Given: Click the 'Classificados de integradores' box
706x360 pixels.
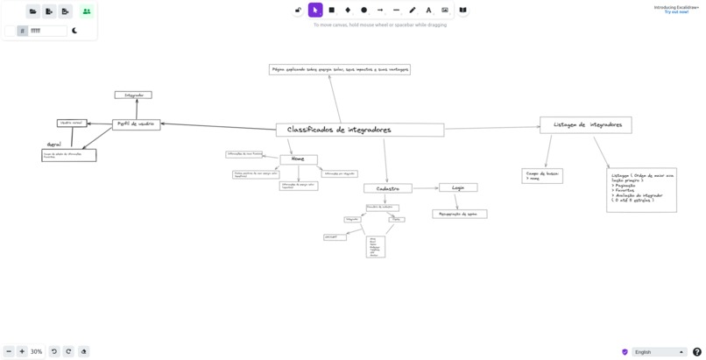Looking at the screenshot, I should [x=359, y=130].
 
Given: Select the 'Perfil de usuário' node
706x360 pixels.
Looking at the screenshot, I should [x=136, y=124].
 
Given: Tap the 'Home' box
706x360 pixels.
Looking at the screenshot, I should [x=299, y=159].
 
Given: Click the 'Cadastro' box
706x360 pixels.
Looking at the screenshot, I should [x=387, y=188].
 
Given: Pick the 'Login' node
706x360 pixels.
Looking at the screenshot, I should [x=458, y=187].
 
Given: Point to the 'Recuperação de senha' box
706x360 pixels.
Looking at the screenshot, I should [x=459, y=214].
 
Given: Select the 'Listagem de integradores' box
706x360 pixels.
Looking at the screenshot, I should [x=585, y=125].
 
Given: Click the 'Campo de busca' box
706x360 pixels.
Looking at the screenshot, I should [x=542, y=176].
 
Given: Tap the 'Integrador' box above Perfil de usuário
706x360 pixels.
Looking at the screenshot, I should [x=133, y=95].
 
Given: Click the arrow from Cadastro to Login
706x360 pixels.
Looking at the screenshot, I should [x=425, y=187].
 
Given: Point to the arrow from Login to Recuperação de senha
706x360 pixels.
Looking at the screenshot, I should [x=455, y=201].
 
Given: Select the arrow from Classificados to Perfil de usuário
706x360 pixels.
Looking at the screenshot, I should [x=218, y=126].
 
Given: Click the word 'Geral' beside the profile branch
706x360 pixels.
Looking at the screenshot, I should [x=54, y=145].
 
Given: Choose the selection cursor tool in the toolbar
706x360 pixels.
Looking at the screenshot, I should [x=315, y=11].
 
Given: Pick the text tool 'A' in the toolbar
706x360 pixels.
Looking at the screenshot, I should [x=428, y=11].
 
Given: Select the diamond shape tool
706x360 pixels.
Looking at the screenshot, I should [x=348, y=11].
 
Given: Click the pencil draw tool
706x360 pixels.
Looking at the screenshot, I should [x=413, y=11].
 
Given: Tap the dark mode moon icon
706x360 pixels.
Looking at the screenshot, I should [x=75, y=31].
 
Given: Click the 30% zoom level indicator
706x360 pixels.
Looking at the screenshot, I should [x=36, y=351].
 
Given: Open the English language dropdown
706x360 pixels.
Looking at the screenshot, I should [x=659, y=352].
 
